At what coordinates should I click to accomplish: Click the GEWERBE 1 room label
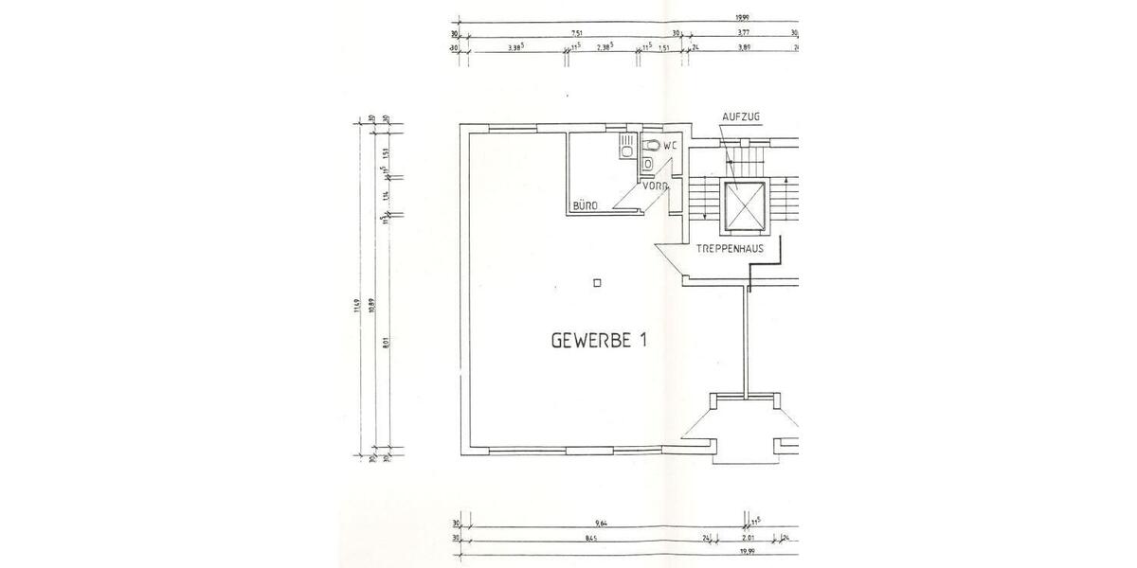tap(599, 340)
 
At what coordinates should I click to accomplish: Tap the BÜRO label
tap(583, 205)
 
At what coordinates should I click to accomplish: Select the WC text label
tap(670, 146)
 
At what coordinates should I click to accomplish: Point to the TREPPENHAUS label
tap(731, 249)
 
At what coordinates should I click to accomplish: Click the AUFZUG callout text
tap(741, 115)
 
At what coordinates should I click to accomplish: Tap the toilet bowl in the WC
tap(651, 146)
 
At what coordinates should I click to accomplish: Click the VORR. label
tap(655, 186)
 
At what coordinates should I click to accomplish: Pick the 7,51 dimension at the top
tap(575, 32)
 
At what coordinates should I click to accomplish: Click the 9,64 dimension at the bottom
tap(600, 524)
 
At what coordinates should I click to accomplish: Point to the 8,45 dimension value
tap(592, 540)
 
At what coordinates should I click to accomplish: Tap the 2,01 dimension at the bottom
tap(749, 540)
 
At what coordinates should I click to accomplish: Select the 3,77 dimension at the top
tap(744, 32)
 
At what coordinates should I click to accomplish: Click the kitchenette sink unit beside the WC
tap(626, 147)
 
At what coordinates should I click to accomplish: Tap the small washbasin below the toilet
tap(646, 165)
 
